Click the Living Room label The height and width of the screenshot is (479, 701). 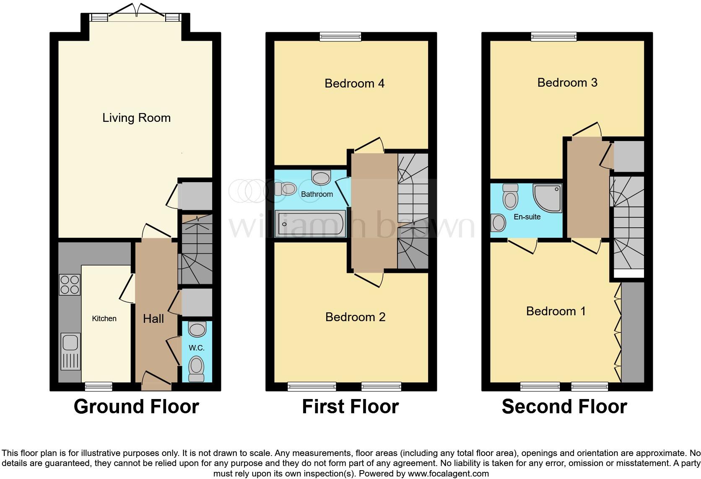(136, 118)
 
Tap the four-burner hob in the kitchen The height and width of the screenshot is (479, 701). (70, 284)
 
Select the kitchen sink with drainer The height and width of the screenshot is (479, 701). (70, 351)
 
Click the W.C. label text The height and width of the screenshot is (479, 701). (196, 348)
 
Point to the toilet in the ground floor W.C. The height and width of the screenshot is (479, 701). (196, 368)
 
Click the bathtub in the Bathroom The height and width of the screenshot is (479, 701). (310, 224)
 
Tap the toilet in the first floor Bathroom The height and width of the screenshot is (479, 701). (286, 189)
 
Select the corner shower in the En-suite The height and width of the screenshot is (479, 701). (547, 198)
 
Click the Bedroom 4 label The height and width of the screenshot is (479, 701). (354, 83)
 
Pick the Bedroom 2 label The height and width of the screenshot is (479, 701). (355, 317)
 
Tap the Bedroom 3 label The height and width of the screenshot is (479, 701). (567, 82)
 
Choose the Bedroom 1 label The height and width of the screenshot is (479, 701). (556, 311)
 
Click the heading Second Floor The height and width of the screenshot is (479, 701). (564, 407)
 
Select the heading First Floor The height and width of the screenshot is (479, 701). (350, 407)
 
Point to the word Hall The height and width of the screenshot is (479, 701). (153, 319)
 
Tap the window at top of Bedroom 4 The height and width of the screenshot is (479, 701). (340, 36)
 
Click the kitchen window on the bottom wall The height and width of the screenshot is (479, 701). (99, 386)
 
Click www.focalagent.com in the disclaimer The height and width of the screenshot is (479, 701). (448, 474)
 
